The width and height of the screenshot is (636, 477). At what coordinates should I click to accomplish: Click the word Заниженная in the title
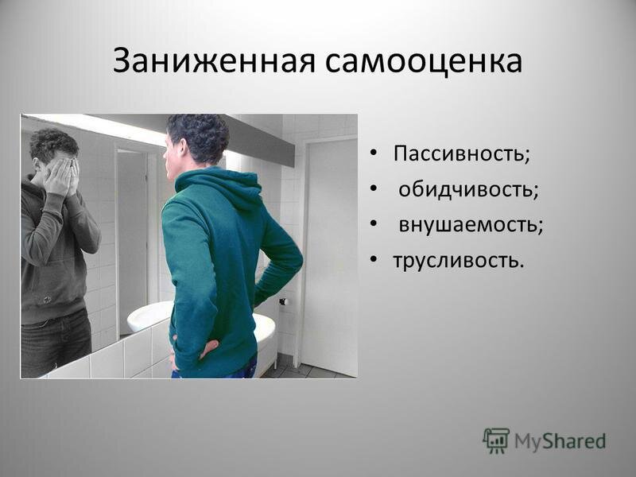pyautogui.click(x=214, y=61)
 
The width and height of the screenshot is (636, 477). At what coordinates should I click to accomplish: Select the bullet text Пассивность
pyautogui.click(x=462, y=153)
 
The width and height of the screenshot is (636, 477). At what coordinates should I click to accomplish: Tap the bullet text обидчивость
pyautogui.click(x=468, y=189)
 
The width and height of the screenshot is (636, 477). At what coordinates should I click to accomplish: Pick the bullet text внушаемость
pyautogui.click(x=471, y=225)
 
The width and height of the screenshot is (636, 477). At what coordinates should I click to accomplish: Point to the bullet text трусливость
pyautogui.click(x=459, y=260)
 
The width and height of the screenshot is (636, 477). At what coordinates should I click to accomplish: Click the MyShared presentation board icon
pyautogui.click(x=495, y=441)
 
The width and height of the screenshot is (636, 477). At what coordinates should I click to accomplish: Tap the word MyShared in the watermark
pyautogui.click(x=560, y=441)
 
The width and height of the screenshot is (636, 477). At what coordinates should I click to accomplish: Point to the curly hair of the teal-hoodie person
pyautogui.click(x=200, y=136)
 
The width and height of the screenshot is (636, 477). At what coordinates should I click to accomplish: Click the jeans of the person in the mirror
pyautogui.click(x=55, y=343)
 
